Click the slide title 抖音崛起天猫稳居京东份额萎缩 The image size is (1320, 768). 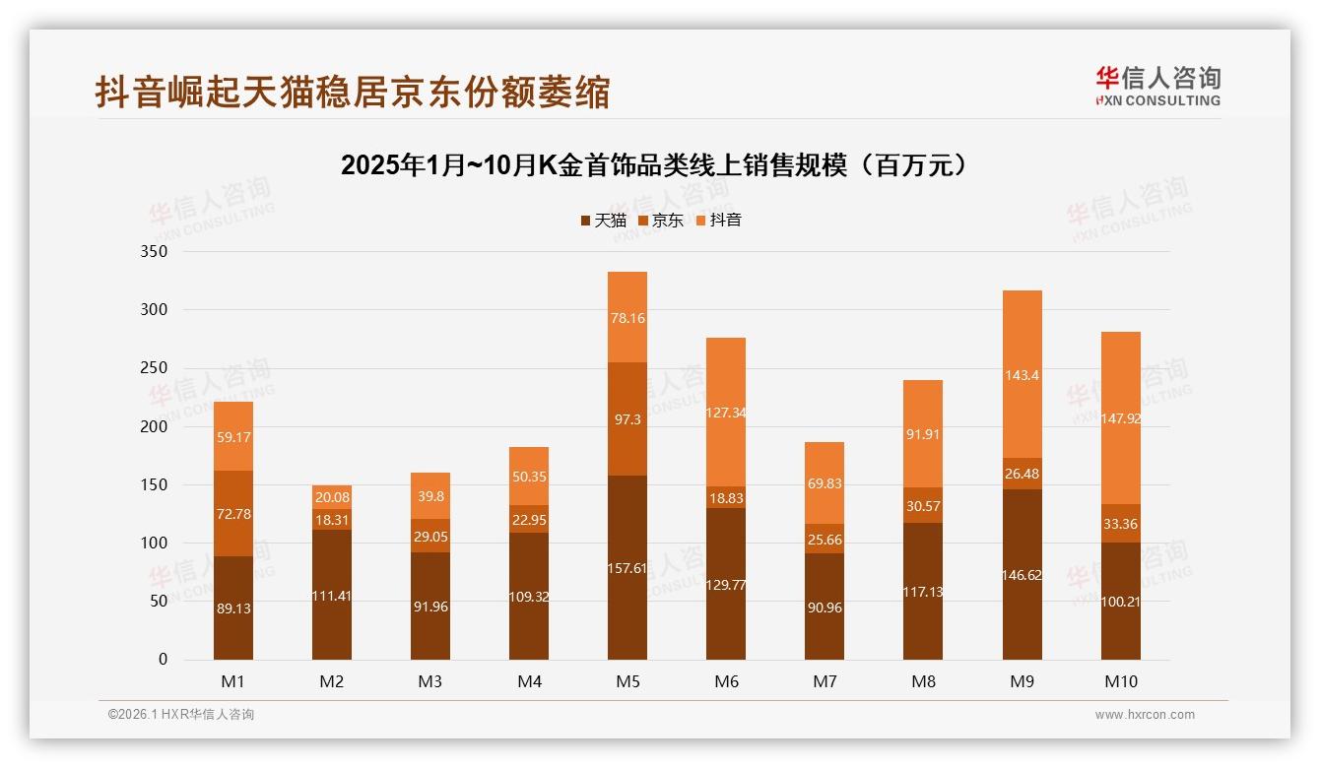point(353,92)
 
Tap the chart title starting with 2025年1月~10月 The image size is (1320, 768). point(657,165)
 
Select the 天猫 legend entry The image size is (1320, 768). point(604,221)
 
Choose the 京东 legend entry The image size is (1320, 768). point(661,221)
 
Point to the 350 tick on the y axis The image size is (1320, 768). point(157,251)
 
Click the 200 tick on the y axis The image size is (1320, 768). point(157,426)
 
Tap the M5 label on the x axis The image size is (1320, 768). point(627,681)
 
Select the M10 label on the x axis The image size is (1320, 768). point(1120,681)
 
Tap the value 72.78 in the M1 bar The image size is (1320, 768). point(233,512)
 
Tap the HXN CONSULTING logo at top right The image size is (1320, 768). point(1157,86)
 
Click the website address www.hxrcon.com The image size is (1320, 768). point(1145,715)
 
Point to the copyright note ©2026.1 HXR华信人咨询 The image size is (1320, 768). point(180,715)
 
